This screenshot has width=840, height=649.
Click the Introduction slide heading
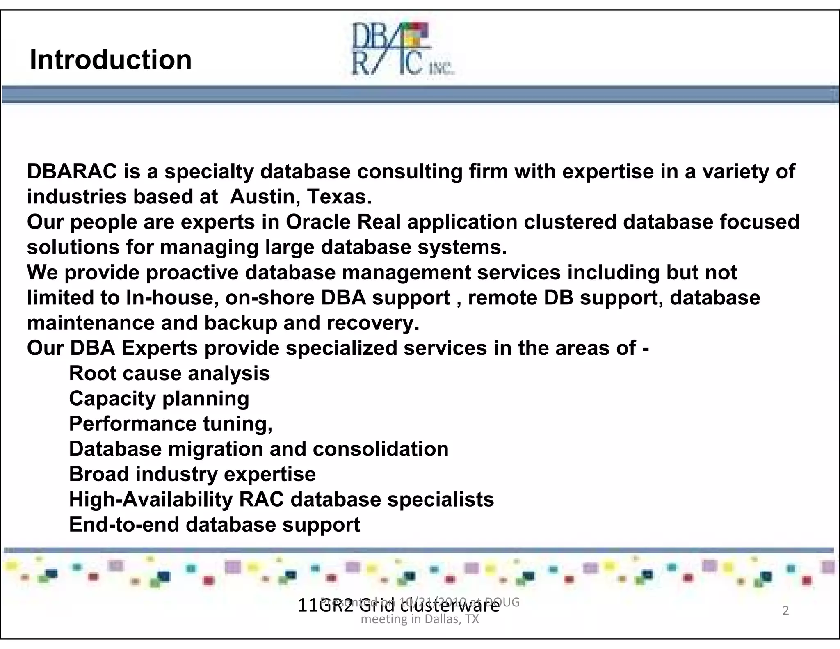pyautogui.click(x=111, y=60)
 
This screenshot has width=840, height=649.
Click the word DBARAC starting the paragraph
pyautogui.click(x=72, y=171)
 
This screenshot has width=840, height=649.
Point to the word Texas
pyautogui.click(x=339, y=197)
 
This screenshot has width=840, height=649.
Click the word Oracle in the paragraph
pyautogui.click(x=318, y=222)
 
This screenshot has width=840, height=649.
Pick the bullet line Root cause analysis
pyautogui.click(x=169, y=374)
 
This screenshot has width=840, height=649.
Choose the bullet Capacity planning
pyautogui.click(x=159, y=399)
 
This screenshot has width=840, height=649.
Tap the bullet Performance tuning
pyautogui.click(x=171, y=424)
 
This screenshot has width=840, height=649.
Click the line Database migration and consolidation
pyautogui.click(x=258, y=449)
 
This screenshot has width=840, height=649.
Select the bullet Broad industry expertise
pyautogui.click(x=192, y=474)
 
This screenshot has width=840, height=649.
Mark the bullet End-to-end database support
pyautogui.click(x=215, y=525)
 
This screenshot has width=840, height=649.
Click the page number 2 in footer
pyautogui.click(x=785, y=610)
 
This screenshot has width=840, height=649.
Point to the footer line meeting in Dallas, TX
pyautogui.click(x=420, y=619)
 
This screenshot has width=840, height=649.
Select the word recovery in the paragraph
pyautogui.click(x=373, y=323)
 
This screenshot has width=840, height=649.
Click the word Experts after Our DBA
pyautogui.click(x=160, y=348)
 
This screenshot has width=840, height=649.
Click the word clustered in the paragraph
pyautogui.click(x=570, y=222)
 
